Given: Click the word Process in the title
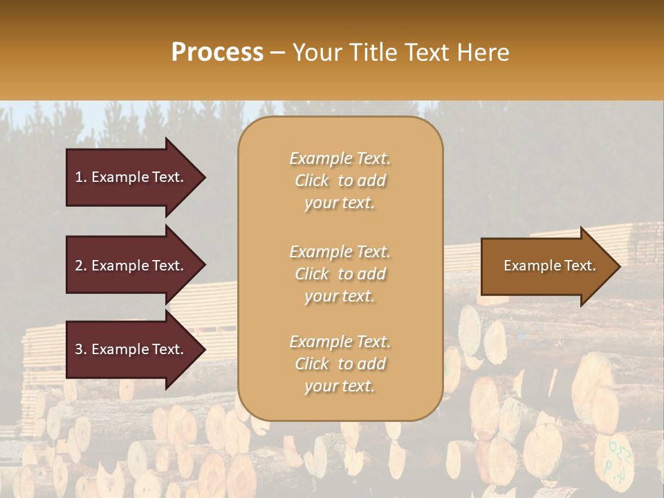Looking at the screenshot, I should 217,53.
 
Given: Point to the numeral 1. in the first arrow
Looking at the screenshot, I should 81,177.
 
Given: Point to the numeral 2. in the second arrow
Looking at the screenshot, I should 81,266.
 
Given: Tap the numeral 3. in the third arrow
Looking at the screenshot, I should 81,349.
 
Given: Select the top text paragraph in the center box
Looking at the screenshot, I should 340,181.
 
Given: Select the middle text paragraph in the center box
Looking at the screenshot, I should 340,274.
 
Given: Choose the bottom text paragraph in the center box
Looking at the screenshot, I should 340,364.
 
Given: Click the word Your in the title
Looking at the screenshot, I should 316,53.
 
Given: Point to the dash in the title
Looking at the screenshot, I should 277,53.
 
